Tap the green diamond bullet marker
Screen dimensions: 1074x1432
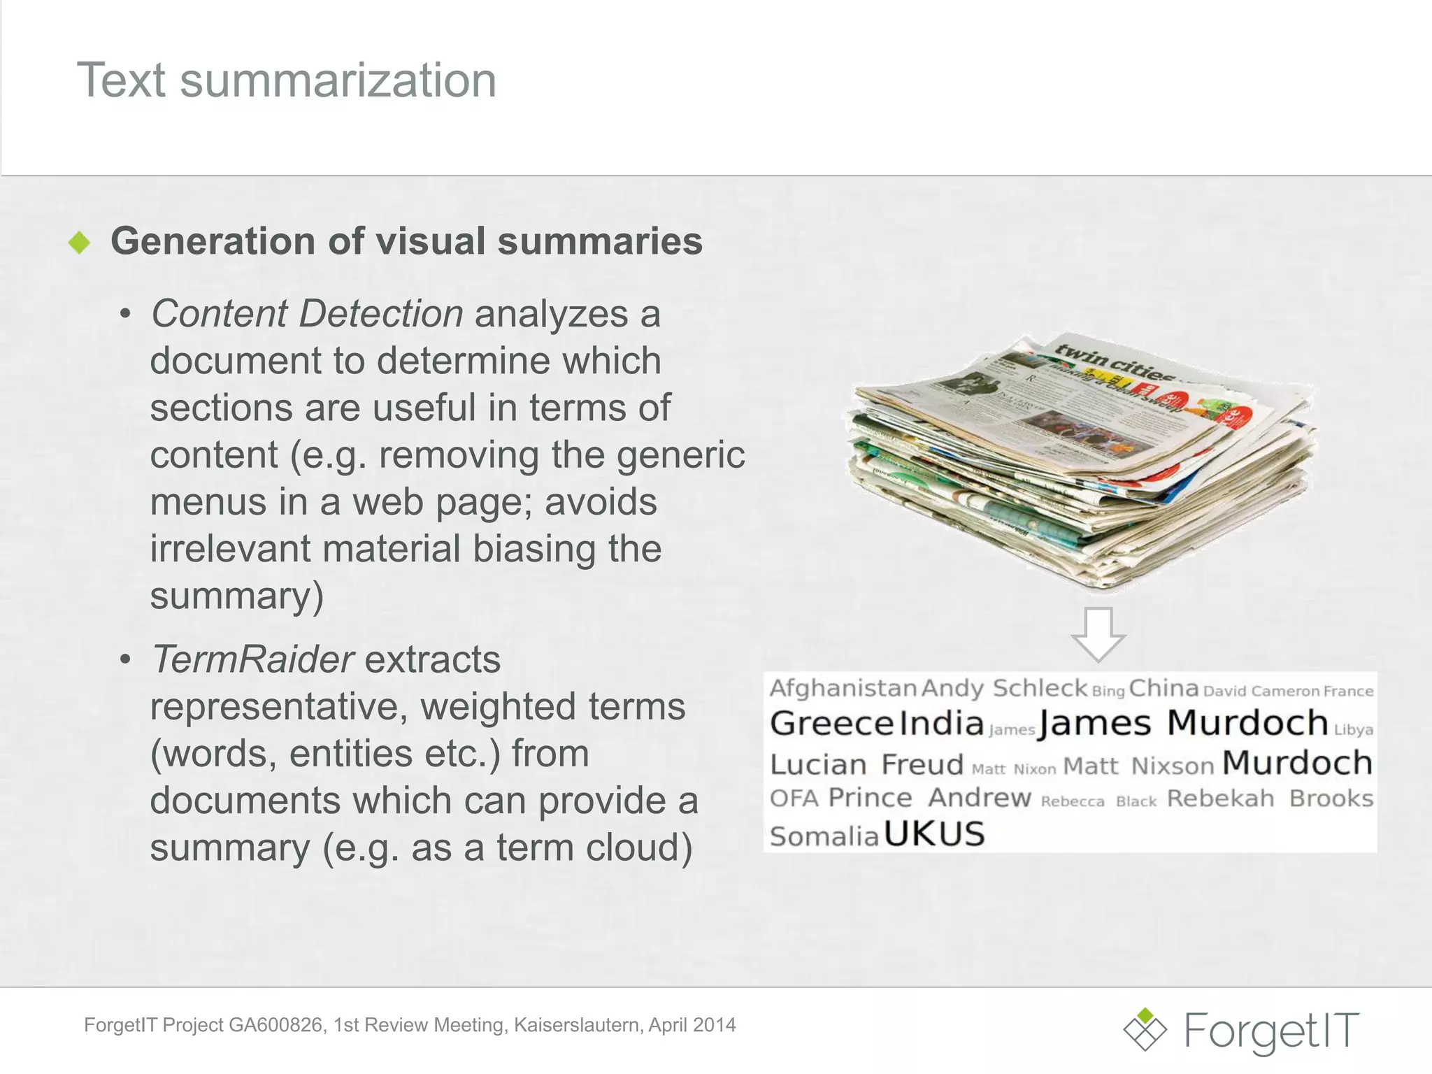[x=80, y=243]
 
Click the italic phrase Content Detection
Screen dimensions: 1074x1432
[x=307, y=313]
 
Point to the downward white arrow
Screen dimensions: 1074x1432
[x=1098, y=633]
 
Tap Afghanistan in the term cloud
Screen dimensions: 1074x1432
[x=843, y=689]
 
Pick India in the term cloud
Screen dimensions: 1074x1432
[x=941, y=724]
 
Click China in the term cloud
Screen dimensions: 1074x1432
[x=1163, y=689]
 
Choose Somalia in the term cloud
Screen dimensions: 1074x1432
[x=824, y=836]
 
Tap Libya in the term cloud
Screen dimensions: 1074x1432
[x=1354, y=730]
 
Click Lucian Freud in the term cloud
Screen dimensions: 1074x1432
[x=866, y=765]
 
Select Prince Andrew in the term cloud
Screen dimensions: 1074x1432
[x=929, y=798]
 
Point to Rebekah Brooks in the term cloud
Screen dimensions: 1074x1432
[x=1270, y=799]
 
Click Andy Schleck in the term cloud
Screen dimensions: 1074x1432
[x=1004, y=689]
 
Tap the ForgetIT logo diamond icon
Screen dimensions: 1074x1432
[x=1145, y=1029]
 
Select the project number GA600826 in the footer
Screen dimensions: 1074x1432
[x=275, y=1025]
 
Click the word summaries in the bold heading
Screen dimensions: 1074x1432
[x=599, y=242]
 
